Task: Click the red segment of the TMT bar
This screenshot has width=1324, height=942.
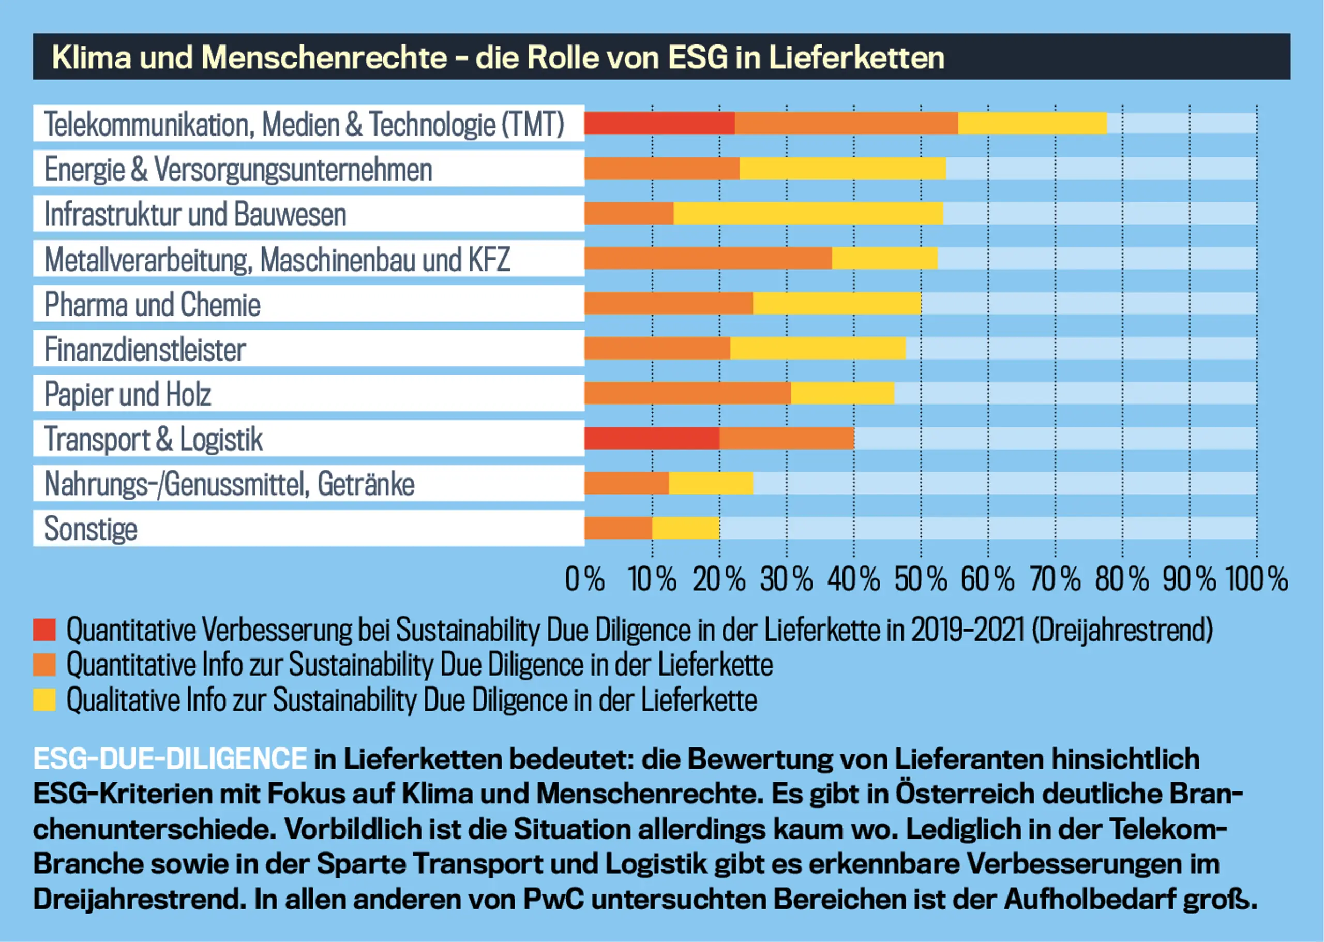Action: pos(659,124)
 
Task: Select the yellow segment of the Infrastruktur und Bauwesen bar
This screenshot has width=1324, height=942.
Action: pos(808,214)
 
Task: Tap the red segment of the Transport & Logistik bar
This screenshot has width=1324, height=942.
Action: pos(651,439)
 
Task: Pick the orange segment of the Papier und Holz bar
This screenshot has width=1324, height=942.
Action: pos(687,393)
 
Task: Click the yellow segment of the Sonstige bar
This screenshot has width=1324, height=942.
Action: pos(685,528)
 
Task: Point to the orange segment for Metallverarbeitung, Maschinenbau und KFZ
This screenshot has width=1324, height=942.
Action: pos(708,258)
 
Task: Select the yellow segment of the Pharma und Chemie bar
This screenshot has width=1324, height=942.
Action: pos(836,303)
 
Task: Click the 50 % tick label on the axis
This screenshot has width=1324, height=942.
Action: pos(921,579)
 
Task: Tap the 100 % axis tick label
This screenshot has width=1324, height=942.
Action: pos(1256,579)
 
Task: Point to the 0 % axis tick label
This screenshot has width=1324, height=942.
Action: pos(584,579)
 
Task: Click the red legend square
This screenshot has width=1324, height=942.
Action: pos(44,630)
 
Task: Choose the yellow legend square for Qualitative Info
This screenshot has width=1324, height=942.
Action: pos(44,699)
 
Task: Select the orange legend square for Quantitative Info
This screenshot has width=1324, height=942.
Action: pos(44,665)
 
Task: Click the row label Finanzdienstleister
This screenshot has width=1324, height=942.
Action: pos(145,350)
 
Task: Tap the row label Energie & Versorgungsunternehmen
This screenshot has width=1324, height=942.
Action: pos(238,169)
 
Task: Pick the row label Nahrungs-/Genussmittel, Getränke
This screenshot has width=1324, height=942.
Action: pos(230,484)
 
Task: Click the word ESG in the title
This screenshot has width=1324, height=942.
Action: pos(697,57)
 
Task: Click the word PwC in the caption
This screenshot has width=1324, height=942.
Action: pos(553,900)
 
